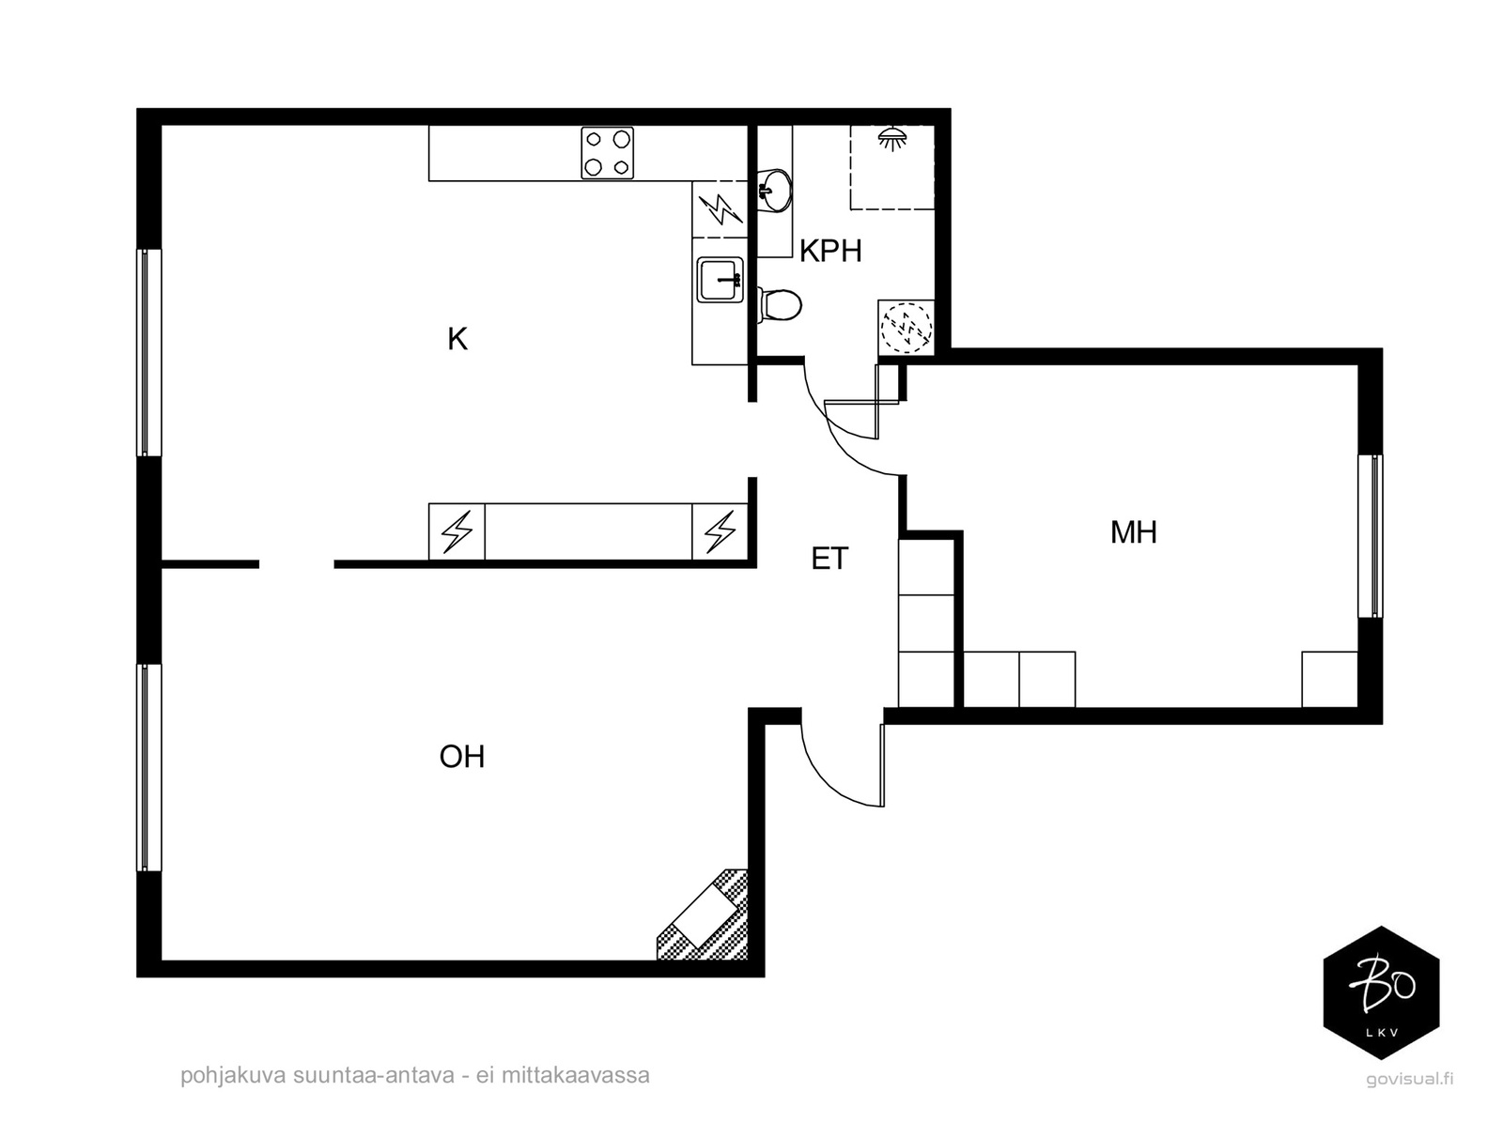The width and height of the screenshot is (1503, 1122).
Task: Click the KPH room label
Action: (x=829, y=251)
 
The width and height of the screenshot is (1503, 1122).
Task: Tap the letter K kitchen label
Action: (x=457, y=339)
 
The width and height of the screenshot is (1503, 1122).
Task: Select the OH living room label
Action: (x=462, y=758)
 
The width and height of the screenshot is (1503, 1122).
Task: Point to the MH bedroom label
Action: (x=1133, y=532)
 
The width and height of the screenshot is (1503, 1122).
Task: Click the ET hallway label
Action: (x=829, y=559)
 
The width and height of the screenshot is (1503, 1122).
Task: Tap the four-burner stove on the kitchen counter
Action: (x=608, y=153)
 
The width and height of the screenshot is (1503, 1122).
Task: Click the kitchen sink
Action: (x=721, y=279)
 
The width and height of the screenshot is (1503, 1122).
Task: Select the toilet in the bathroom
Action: (x=780, y=305)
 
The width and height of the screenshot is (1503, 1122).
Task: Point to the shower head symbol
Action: (x=891, y=139)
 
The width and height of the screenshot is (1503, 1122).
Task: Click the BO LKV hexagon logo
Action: (x=1381, y=992)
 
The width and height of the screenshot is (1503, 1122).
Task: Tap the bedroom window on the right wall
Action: (x=1371, y=536)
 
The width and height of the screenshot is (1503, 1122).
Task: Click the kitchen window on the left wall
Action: (x=149, y=352)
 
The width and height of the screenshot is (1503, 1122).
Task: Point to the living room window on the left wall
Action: (x=149, y=768)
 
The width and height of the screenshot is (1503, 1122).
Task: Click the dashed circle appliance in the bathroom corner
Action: (x=906, y=328)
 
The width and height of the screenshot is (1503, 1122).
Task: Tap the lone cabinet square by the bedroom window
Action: (x=1329, y=680)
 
